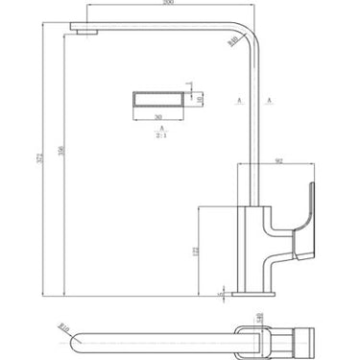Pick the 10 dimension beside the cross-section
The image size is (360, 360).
[201, 96]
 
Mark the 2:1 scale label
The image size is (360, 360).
[163, 134]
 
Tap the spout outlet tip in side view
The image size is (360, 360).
[86, 34]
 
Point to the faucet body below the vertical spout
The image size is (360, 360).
[252, 235]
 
